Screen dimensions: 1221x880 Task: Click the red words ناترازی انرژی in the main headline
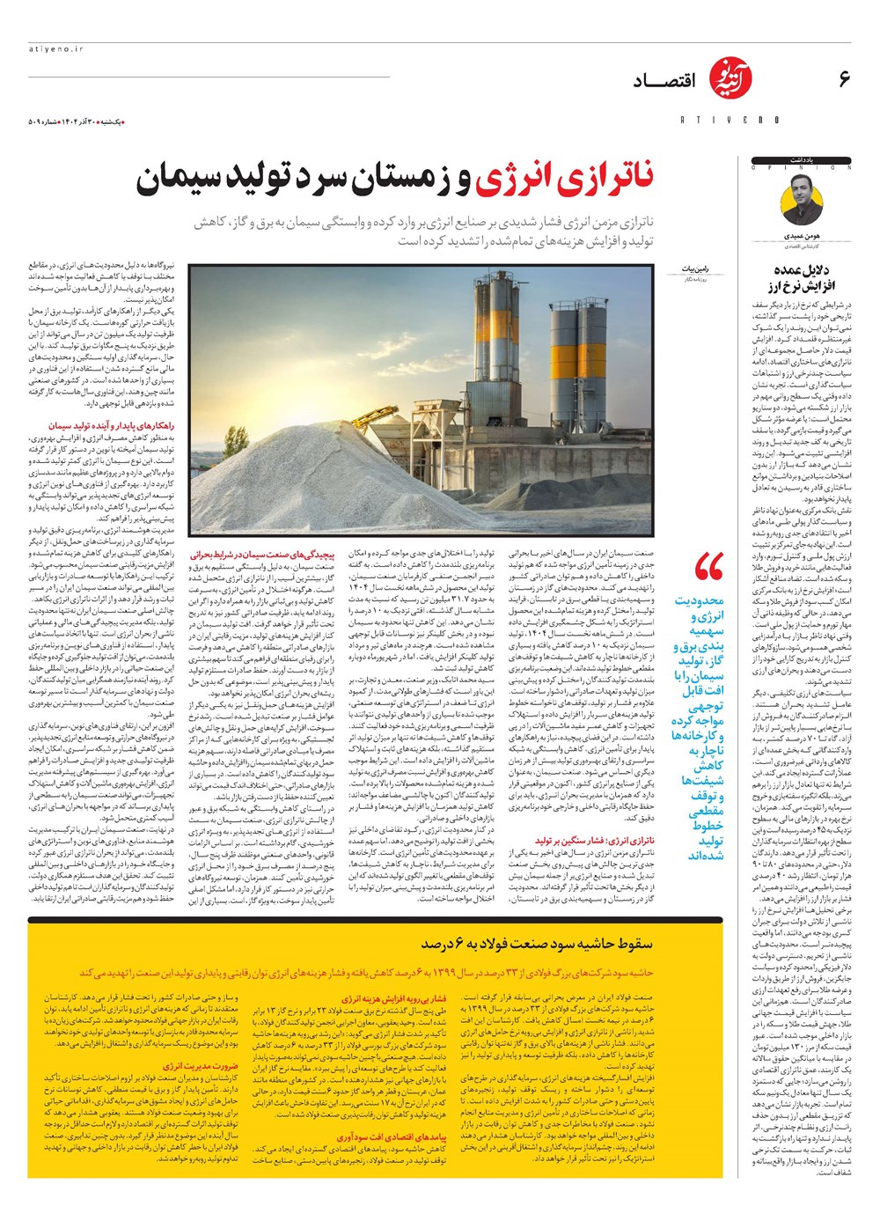coord(564,179)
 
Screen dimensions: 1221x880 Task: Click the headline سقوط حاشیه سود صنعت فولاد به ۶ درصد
coord(537,944)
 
